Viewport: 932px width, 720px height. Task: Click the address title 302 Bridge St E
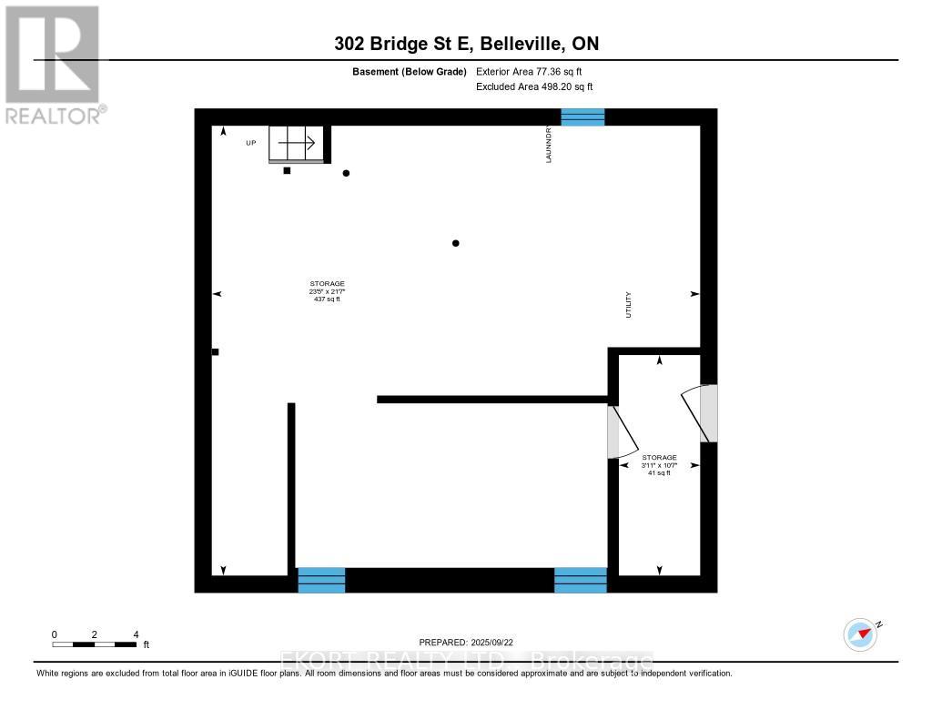point(401,44)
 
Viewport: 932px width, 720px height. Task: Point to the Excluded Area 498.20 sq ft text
point(534,86)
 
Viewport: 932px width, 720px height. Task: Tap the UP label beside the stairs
point(250,143)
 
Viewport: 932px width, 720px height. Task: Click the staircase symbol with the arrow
point(296,143)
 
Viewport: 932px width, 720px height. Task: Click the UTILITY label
point(628,304)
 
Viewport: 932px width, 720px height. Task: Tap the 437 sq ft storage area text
point(327,299)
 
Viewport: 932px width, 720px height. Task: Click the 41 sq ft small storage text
point(659,473)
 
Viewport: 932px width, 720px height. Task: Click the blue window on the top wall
point(582,117)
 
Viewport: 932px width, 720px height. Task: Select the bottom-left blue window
point(321,580)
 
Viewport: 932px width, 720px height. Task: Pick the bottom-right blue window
point(581,580)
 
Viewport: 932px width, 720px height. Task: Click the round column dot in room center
point(456,243)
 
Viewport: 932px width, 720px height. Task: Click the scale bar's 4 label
point(136,634)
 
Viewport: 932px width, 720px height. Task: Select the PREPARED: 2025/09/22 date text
point(472,642)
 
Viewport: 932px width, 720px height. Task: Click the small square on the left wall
point(215,351)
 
